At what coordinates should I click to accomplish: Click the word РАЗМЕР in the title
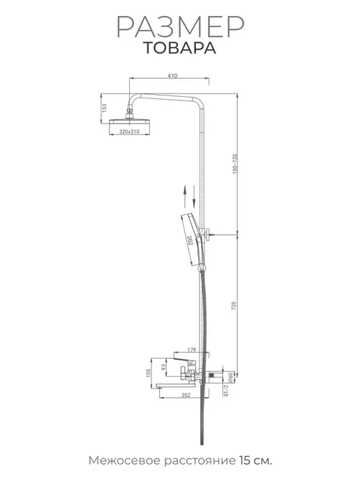coord(180,27)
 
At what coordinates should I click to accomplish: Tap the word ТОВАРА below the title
coord(180,48)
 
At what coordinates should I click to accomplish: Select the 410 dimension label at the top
coord(172,75)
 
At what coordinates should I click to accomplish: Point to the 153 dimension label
coord(105,108)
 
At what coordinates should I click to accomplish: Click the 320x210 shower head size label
coord(129,132)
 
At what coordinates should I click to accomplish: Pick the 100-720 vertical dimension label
coord(235,164)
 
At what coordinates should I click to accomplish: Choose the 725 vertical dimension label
coord(234,306)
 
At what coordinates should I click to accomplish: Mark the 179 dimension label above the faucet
coord(191,350)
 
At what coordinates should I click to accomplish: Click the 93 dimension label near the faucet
coord(164,366)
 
